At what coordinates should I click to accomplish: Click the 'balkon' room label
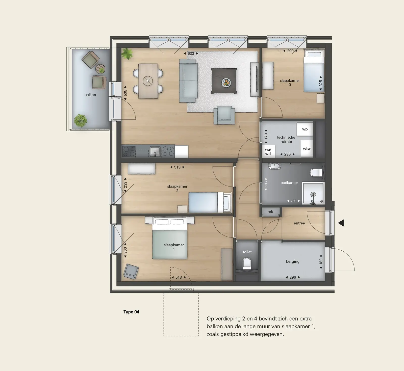tap(90, 95)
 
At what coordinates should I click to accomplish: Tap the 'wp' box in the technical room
tap(305, 129)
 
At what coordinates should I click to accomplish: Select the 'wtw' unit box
tap(307, 148)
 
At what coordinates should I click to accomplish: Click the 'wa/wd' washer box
tap(268, 151)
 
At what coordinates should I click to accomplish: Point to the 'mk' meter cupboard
tap(270, 212)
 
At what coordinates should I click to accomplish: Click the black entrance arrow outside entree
tap(341, 223)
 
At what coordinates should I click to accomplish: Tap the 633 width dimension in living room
tap(191, 54)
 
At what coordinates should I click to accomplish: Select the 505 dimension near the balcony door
tap(125, 93)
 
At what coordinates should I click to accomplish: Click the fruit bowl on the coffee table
tap(226, 82)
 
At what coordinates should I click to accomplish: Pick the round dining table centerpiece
tap(148, 81)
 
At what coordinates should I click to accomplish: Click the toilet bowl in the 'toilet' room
tap(247, 263)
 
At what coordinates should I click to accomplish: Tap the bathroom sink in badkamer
tap(274, 166)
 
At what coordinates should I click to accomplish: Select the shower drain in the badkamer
tap(313, 195)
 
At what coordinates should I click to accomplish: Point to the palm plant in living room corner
tap(127, 54)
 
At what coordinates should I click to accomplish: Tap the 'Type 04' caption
tap(131, 312)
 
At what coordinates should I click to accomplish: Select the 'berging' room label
tap(293, 261)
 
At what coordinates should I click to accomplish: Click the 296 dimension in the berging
tap(293, 277)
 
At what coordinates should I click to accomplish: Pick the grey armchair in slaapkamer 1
tap(131, 271)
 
